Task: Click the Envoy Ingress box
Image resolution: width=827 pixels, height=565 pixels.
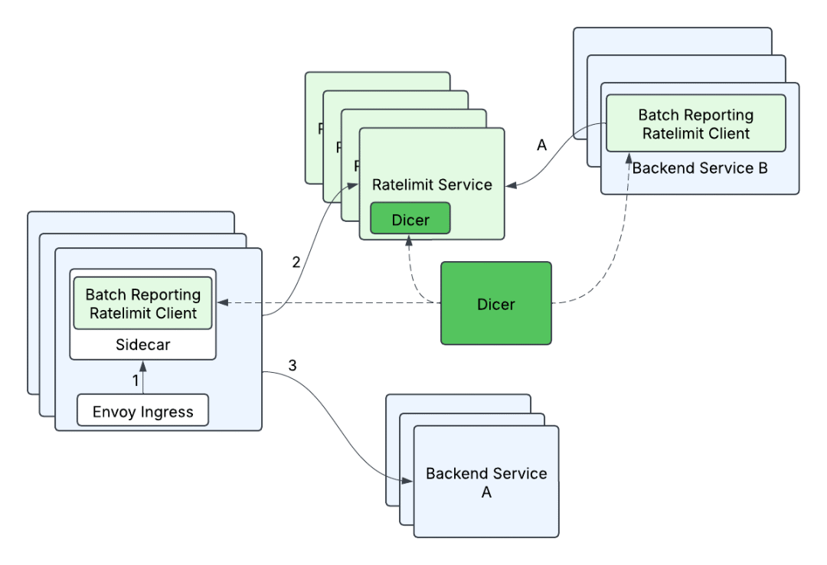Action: [142, 411]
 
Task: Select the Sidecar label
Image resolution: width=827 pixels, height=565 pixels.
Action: [142, 345]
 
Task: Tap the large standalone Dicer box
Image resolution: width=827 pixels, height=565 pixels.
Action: [495, 304]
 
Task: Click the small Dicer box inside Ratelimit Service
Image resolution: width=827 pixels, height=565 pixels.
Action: [410, 219]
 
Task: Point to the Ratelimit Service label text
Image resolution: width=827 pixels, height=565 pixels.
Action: [431, 185]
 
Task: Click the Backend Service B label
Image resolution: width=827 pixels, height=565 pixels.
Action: [699, 168]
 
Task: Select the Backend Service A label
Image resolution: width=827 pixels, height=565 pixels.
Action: [486, 482]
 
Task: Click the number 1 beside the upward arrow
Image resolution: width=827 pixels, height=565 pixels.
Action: [136, 380]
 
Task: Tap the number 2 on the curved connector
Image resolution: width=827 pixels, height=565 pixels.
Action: [296, 262]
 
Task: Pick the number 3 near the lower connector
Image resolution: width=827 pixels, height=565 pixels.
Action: [293, 365]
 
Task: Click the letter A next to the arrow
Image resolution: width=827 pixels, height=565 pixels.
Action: [542, 145]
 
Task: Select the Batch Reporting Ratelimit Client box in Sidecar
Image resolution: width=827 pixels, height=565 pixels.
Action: [142, 303]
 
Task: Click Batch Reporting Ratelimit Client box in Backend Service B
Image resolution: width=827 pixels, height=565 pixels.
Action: [695, 123]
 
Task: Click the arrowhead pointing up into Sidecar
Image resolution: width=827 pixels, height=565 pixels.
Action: [142, 365]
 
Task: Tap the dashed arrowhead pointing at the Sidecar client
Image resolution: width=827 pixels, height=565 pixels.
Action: [221, 303]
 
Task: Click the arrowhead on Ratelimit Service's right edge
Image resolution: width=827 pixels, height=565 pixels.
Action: [511, 185]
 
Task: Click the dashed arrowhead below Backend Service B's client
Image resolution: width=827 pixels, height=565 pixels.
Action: [631, 157]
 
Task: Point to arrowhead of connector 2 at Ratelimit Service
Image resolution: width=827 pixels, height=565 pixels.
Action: [354, 185]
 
